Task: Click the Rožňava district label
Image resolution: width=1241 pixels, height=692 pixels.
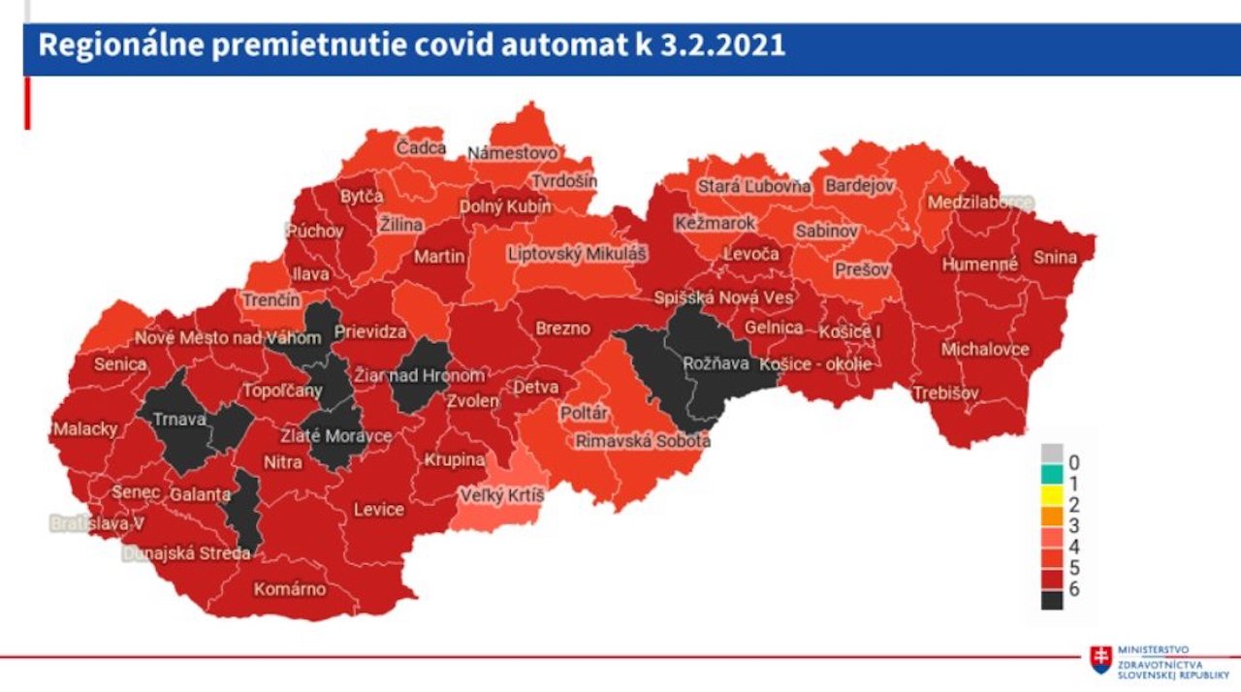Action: (x=716, y=363)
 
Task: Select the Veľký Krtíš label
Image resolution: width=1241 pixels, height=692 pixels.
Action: (x=501, y=497)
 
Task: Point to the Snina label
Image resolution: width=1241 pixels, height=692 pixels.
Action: (x=1055, y=258)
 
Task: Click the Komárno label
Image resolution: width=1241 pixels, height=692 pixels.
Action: (x=290, y=588)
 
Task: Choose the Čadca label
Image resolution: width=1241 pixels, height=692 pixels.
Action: (x=421, y=148)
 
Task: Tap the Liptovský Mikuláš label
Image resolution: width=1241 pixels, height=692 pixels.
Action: (x=578, y=254)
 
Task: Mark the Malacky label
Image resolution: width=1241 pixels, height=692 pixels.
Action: (x=85, y=428)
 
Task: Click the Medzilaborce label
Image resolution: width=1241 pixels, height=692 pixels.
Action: (x=980, y=204)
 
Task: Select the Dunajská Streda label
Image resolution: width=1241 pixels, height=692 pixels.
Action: (x=186, y=553)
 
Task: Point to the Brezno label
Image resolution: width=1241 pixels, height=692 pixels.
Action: (x=562, y=329)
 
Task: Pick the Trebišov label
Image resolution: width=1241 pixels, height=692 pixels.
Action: (x=945, y=393)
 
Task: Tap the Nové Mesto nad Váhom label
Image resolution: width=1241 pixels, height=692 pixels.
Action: (x=227, y=338)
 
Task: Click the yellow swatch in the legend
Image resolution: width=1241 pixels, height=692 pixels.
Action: (x=1052, y=505)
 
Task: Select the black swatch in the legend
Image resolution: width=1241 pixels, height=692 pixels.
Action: (x=1052, y=600)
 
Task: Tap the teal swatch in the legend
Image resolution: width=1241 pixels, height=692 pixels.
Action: (x=1052, y=476)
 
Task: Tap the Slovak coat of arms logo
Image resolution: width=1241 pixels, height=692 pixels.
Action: (x=1100, y=660)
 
